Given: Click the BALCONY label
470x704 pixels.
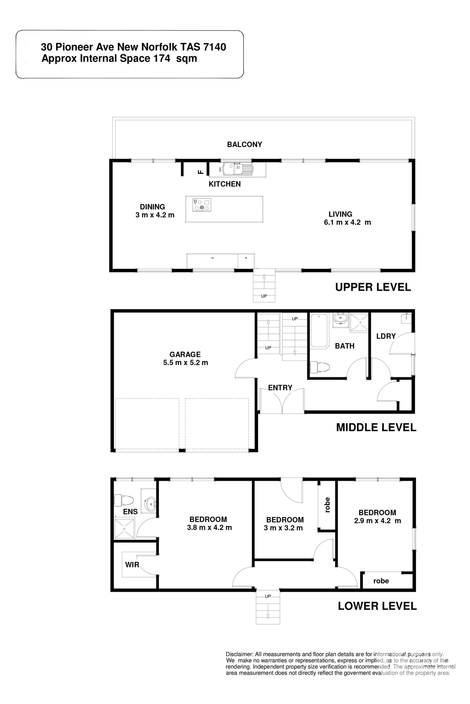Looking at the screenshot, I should point(245,144).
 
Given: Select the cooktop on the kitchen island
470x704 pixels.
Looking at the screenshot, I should point(202,205).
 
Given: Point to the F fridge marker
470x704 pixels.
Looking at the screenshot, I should point(200,171).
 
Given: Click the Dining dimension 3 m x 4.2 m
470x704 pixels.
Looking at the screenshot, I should point(155,215).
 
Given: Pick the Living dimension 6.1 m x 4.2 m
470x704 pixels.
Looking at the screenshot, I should point(347,223).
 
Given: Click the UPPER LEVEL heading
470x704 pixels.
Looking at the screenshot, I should point(373,287).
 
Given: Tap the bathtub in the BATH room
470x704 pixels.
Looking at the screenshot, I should point(319,330).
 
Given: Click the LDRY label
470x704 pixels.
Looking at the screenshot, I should point(386,336).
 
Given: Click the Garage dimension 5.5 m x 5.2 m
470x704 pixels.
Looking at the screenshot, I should point(185,363).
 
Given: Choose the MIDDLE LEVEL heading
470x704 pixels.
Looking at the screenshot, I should point(376,427).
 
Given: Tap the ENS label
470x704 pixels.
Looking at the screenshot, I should point(130,511).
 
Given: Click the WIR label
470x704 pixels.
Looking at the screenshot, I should point(132,565).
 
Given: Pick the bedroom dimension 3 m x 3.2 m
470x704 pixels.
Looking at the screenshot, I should point(283,528).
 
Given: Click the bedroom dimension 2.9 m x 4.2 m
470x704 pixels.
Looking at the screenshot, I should point(377,521).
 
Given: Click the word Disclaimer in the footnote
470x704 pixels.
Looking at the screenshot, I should point(239,654).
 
